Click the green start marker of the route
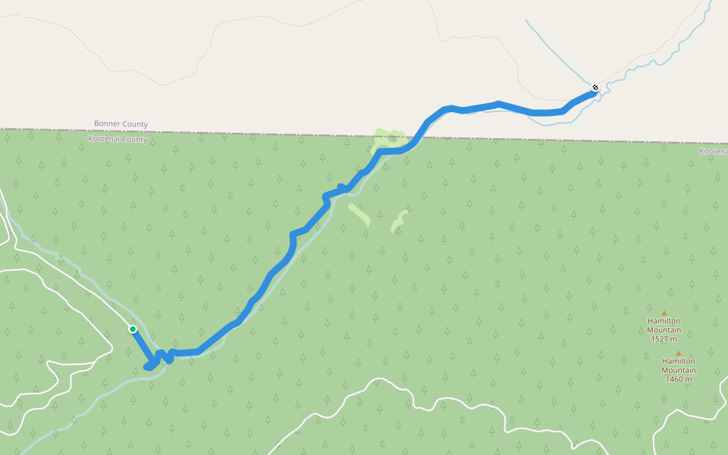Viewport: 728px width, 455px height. click(133, 329)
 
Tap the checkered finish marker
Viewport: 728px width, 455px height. click(595, 88)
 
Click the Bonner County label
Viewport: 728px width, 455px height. click(121, 124)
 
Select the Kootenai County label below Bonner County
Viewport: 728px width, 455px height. click(118, 140)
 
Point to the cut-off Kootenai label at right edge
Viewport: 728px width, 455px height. click(713, 152)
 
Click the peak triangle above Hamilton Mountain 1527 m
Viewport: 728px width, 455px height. click(664, 312)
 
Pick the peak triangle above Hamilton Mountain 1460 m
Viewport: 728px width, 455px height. click(678, 353)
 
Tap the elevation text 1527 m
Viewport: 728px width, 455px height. click(664, 339)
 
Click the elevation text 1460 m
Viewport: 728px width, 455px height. click(678, 379)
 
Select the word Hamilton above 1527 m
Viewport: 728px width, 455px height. click(664, 321)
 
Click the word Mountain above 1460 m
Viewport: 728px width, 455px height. click(678, 370)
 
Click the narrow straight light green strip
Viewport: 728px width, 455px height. click(359, 215)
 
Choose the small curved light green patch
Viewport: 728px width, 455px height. click(398, 221)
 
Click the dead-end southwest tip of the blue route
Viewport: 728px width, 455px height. click(147, 368)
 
